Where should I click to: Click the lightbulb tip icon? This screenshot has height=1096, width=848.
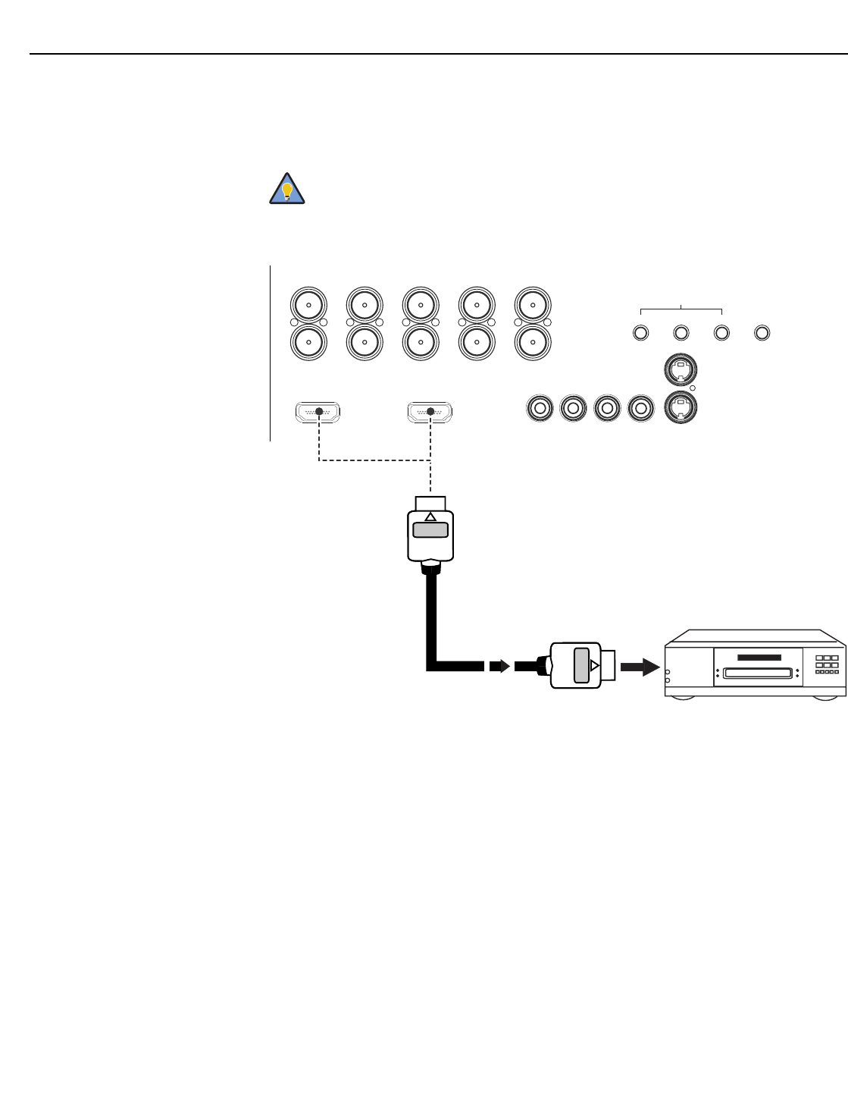pos(287,190)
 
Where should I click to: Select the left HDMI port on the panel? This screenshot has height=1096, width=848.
pos(318,413)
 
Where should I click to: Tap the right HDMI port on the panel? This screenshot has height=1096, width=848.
pos(430,413)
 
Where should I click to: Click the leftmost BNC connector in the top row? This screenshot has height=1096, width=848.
pos(308,305)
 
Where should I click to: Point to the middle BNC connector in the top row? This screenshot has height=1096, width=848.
pos(421,305)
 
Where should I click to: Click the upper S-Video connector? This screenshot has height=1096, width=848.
pos(680,372)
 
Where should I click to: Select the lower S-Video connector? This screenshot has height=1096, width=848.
pos(680,407)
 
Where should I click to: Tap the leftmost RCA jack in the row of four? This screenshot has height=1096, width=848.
pos(540,408)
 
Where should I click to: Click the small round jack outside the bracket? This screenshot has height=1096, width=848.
pos(762,332)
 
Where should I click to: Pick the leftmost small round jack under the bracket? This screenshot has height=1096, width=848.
pos(641,332)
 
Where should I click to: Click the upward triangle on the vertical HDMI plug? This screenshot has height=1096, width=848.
pos(430,517)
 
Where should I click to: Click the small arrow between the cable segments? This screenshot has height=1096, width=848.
pos(498,665)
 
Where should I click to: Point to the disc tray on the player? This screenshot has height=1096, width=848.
pos(756,672)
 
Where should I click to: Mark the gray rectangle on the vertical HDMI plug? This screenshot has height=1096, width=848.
pos(430,529)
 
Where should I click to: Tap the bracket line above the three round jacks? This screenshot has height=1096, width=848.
pos(681,309)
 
